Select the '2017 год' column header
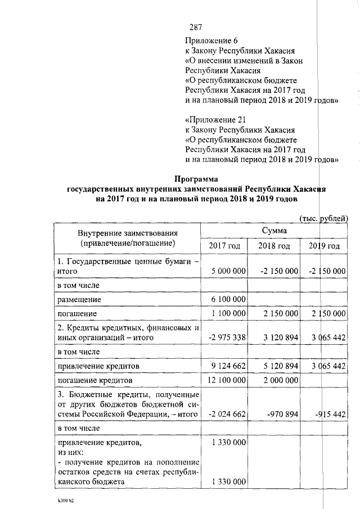(224, 246)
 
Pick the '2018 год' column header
(274, 246)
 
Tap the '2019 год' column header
(324, 246)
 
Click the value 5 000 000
(228, 271)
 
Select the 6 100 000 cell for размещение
(228, 299)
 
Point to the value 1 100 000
(228, 313)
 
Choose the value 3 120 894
(278, 337)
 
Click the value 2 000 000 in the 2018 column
(278, 380)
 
